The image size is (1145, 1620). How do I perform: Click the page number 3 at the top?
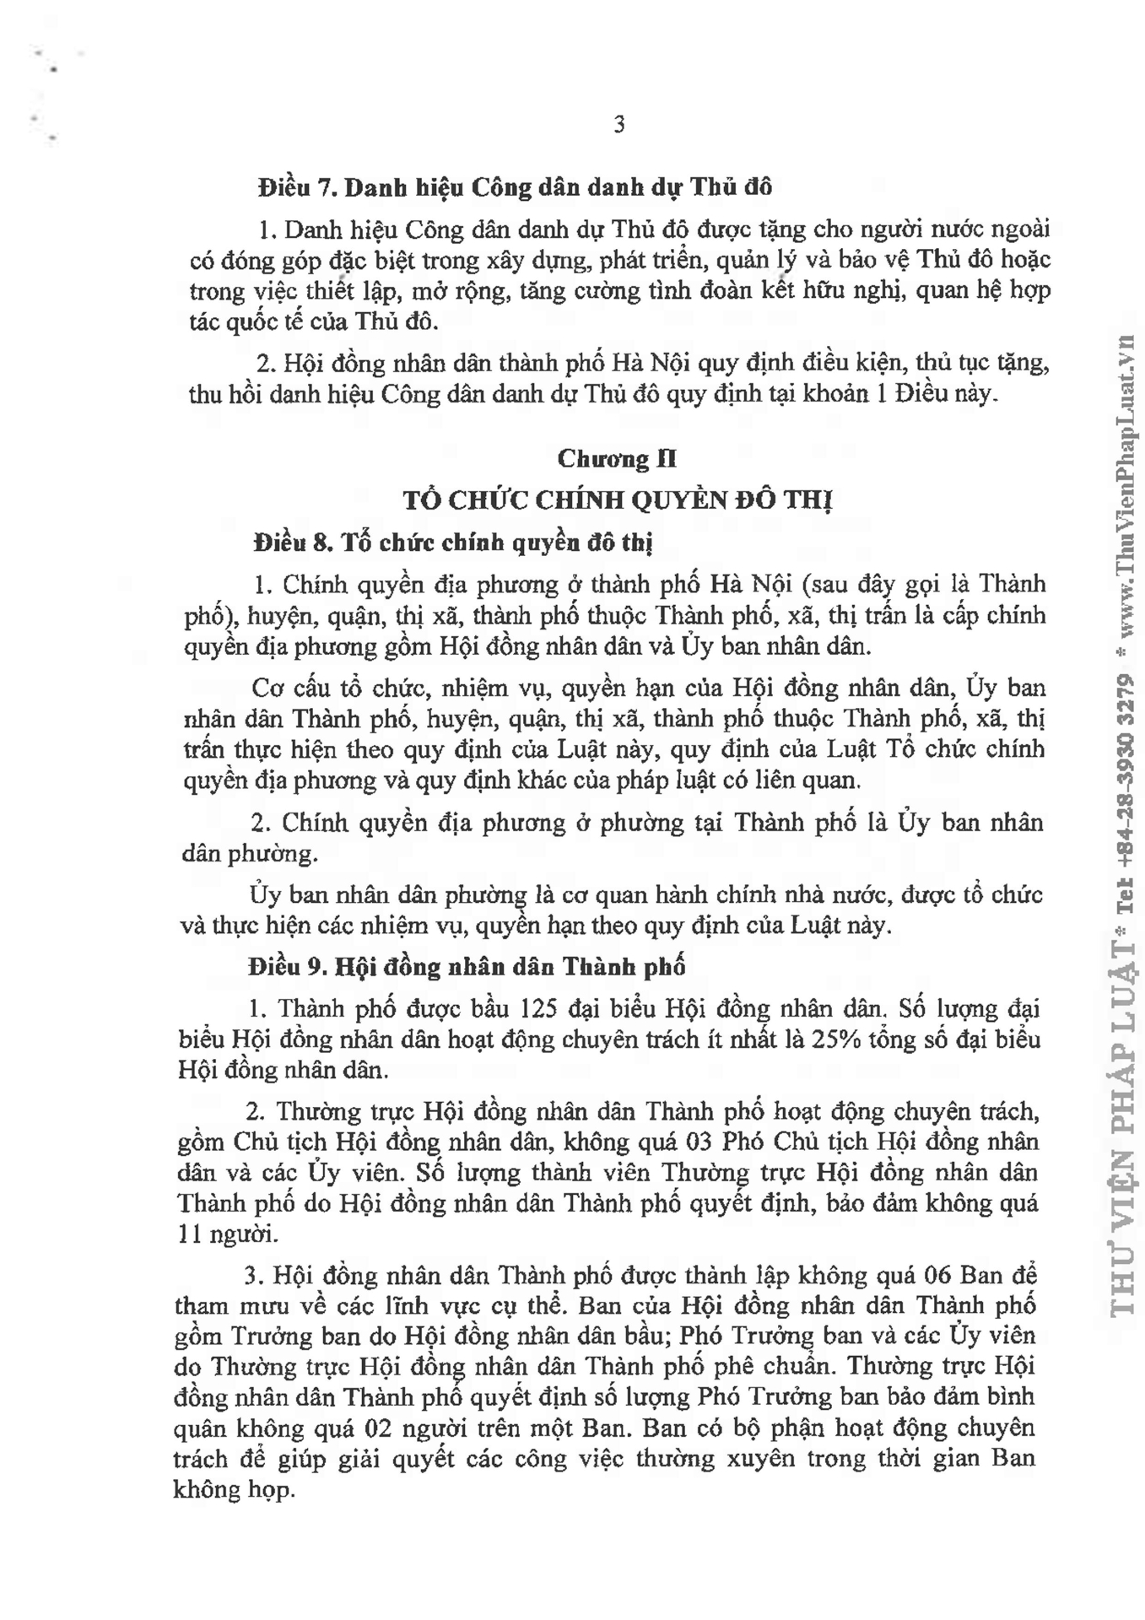click(618, 126)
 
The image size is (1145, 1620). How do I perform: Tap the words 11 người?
click(228, 1234)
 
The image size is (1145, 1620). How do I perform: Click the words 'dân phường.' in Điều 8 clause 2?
click(251, 854)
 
